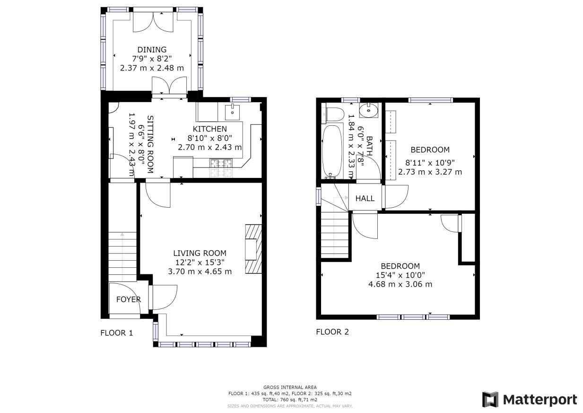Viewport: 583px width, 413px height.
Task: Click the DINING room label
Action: (152, 49)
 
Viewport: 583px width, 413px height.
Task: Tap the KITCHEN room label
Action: (209, 129)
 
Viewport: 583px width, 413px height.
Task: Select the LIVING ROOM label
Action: (200, 253)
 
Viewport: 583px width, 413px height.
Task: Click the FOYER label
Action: (129, 299)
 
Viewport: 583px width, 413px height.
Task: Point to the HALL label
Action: (365, 198)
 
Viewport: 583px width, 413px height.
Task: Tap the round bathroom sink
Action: (369, 111)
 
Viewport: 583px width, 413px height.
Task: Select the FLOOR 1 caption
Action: (117, 333)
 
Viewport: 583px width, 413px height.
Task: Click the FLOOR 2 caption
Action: (332, 332)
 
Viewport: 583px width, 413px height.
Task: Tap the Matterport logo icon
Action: (490, 399)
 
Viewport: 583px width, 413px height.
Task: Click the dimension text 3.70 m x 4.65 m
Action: (200, 272)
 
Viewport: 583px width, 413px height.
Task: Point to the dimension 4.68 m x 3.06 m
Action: (400, 284)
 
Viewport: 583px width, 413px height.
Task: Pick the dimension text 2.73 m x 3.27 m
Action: (430, 172)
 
